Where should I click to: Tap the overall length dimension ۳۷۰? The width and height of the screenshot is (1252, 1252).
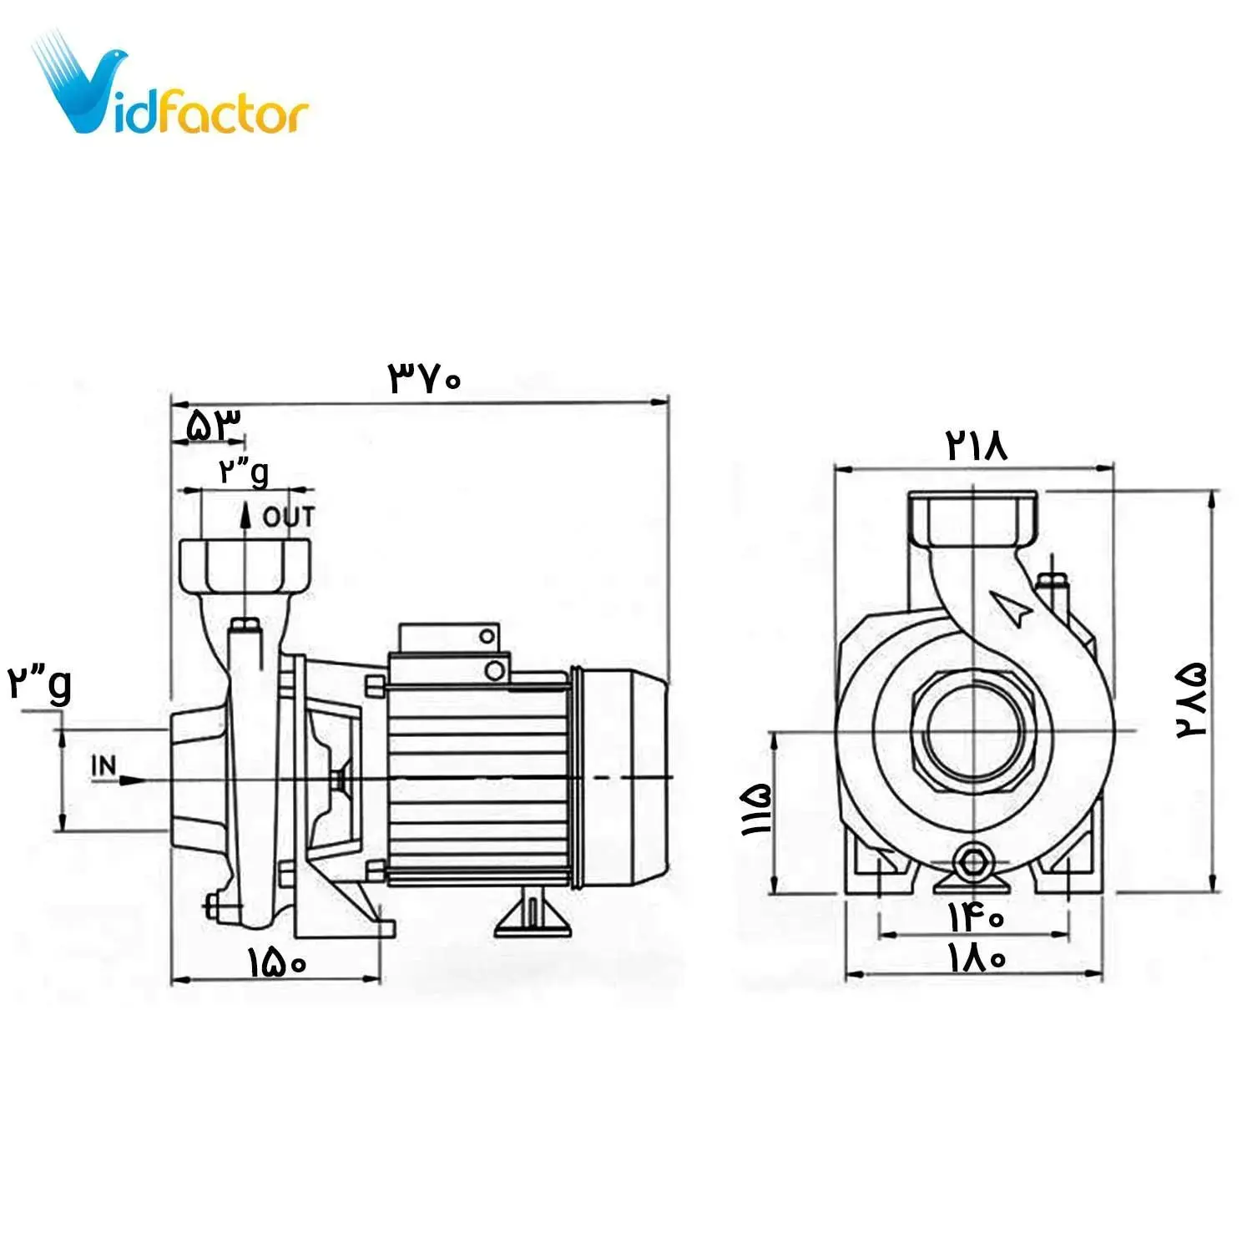[424, 379]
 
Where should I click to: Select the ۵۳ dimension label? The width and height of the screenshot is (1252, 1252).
[214, 426]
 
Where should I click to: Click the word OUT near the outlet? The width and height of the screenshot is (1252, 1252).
[289, 517]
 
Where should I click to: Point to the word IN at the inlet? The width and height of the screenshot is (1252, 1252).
[104, 765]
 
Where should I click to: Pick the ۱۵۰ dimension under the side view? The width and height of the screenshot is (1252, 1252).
[277, 963]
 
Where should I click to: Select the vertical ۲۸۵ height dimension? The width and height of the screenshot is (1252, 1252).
[1192, 699]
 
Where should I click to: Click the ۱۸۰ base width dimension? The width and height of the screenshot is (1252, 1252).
[976, 957]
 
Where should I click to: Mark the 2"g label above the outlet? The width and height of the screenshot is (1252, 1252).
[244, 472]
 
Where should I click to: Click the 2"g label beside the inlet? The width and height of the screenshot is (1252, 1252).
[40, 684]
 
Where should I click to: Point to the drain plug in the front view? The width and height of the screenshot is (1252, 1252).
[973, 861]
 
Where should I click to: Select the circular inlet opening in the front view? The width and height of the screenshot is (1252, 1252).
[973, 733]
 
